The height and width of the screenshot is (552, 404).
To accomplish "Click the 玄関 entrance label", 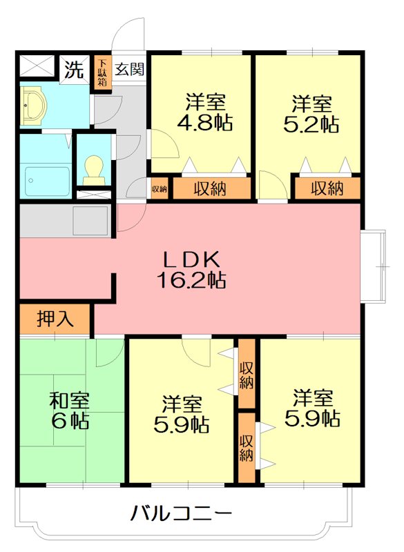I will click(129, 69).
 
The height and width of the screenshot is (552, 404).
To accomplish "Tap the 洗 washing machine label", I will click(73, 69).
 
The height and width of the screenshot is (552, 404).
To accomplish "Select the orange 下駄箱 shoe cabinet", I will click(102, 72).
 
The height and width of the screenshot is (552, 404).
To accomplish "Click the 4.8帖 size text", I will click(205, 124).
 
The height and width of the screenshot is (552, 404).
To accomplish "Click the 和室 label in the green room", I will click(68, 400).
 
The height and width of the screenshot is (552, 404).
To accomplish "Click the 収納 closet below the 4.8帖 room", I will click(211, 188).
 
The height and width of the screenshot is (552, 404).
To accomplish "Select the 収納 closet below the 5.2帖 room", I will click(327, 188).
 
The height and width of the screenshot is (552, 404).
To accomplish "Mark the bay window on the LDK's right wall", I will click(371, 266).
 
